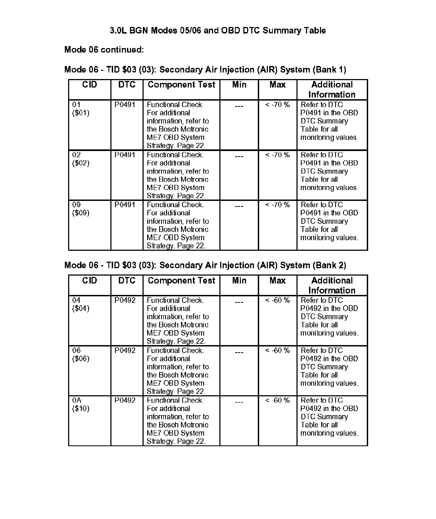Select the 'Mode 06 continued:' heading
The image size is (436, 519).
[x=104, y=50]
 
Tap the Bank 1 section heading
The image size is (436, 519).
[x=205, y=70]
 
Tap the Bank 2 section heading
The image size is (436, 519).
[x=205, y=265]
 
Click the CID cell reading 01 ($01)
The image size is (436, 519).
[x=81, y=109]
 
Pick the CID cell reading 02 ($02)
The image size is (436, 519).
[x=81, y=159]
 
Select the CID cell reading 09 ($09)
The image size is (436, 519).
[x=81, y=209]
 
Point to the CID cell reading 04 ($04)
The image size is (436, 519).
[x=81, y=304]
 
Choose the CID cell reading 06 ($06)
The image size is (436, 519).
[x=81, y=354]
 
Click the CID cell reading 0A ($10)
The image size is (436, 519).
[x=81, y=404]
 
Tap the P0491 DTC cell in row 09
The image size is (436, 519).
[x=125, y=205]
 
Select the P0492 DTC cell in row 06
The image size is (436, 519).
[x=125, y=350]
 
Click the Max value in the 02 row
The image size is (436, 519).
[x=277, y=155]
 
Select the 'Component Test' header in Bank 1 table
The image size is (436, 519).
[x=181, y=85]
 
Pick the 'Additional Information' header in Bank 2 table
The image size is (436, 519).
[x=332, y=285]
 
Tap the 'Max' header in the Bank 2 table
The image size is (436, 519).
[x=277, y=280]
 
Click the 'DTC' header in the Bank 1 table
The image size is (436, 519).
[x=127, y=85]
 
